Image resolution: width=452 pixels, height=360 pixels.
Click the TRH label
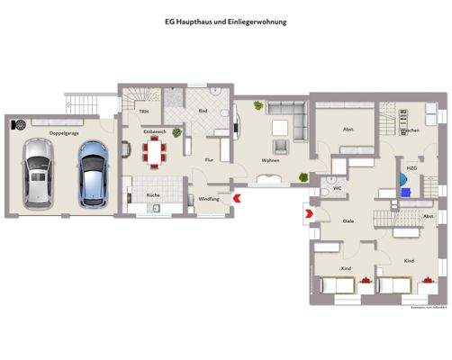click(143, 111)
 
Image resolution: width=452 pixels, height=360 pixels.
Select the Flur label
click(209, 159)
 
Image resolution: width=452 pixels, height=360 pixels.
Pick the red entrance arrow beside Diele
click(308, 213)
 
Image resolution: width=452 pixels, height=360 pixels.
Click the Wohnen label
click(270, 160)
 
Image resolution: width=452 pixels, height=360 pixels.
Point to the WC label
click(336, 188)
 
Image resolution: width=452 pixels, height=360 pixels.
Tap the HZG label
click(411, 168)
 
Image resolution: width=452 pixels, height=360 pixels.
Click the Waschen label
click(410, 131)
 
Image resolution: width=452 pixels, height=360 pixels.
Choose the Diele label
click(347, 220)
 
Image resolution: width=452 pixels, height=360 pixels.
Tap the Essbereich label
click(155, 131)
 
